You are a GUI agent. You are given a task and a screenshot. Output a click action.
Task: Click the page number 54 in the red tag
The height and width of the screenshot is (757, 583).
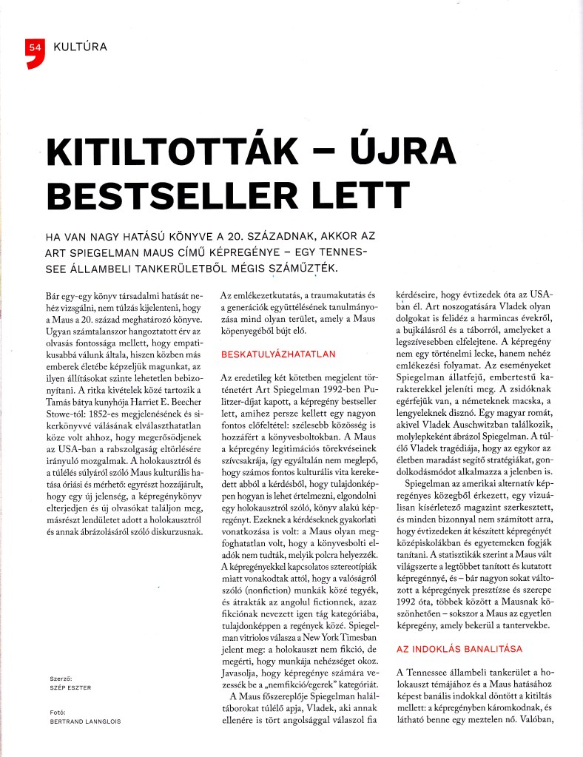pyautogui.click(x=32, y=47)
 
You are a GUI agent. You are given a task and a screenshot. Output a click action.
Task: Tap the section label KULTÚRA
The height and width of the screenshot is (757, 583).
pyautogui.click(x=81, y=47)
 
